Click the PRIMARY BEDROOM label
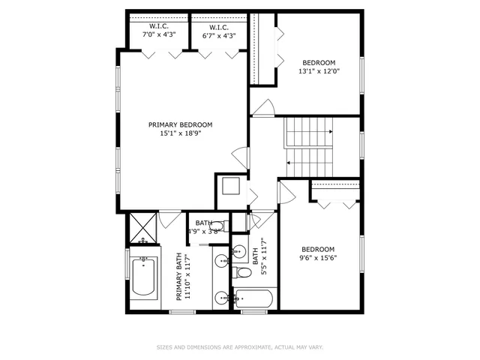click(x=180, y=125)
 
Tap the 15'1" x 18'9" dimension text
click(x=180, y=133)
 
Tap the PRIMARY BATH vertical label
click(x=180, y=276)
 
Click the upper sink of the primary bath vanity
click(x=222, y=261)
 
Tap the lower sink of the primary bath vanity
click(x=222, y=298)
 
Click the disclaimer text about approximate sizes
click(x=240, y=347)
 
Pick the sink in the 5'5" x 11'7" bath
click(x=239, y=250)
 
